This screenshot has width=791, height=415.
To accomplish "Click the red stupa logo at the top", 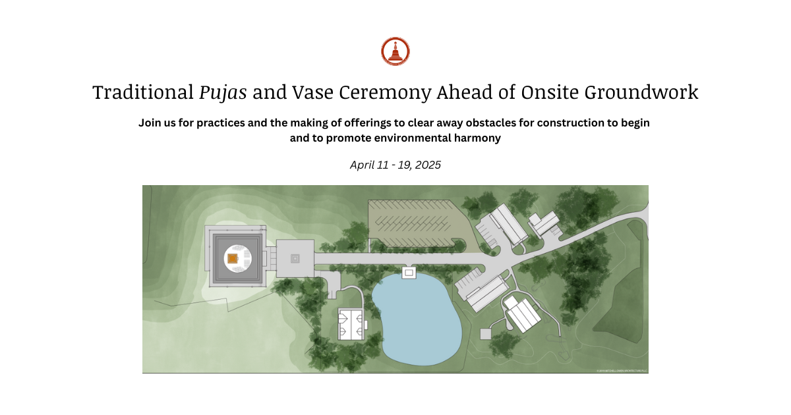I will (395, 51).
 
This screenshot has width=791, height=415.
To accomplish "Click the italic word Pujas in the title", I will (223, 93).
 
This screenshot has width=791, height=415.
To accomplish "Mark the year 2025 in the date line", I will (426, 165).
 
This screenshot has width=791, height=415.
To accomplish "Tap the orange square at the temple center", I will (232, 259).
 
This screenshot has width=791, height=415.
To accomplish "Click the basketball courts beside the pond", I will (352, 323).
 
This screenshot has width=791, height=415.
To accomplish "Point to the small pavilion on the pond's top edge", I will (409, 272).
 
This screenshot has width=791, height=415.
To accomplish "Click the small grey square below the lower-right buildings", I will (486, 334).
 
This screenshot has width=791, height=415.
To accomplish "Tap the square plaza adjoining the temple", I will (295, 258).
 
